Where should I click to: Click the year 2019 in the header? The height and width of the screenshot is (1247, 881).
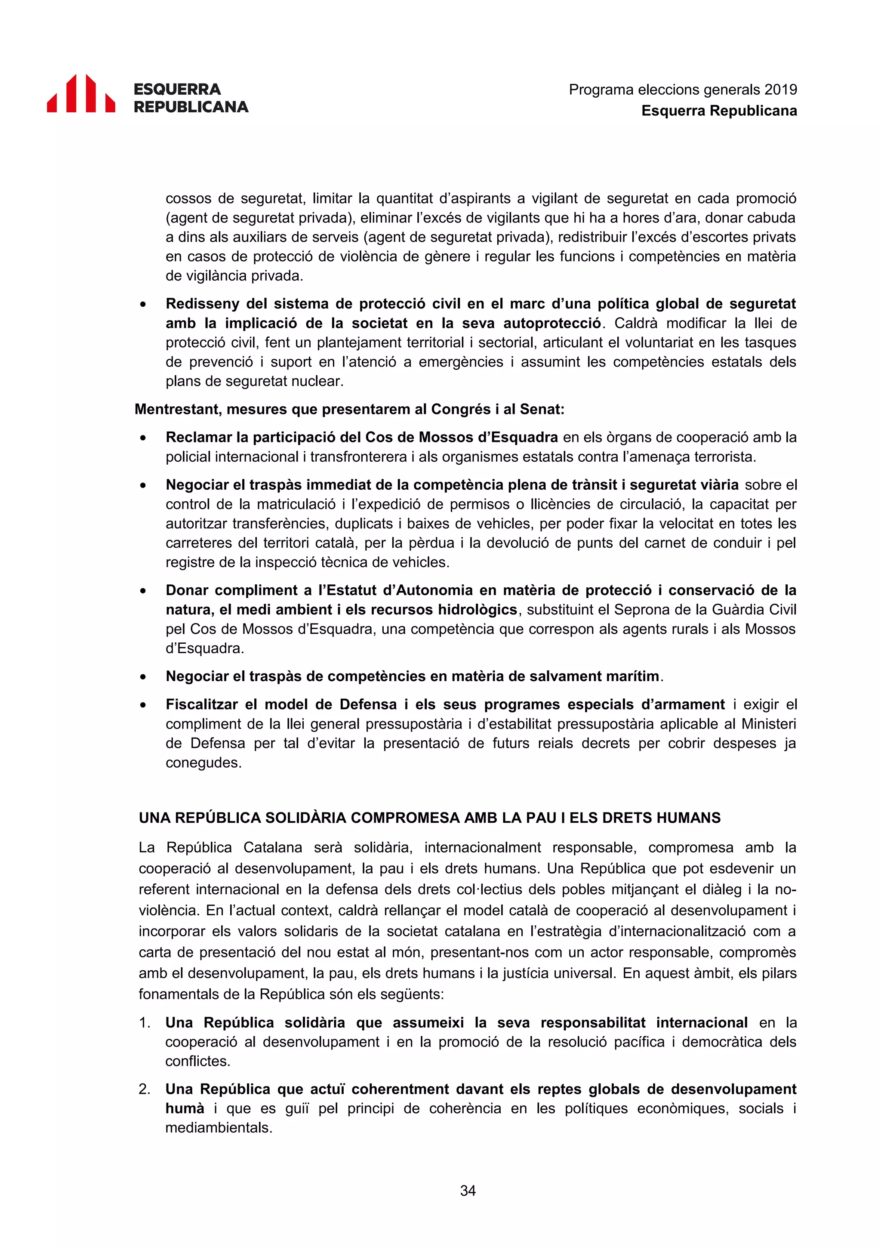[x=780, y=90]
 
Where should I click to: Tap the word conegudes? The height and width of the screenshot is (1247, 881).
[x=203, y=762]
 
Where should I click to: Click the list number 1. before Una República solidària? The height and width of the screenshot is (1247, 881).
[x=145, y=1023]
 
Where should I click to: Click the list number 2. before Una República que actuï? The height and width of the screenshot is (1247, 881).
[x=145, y=1089]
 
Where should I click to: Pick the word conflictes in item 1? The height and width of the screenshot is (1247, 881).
[x=197, y=1061]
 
